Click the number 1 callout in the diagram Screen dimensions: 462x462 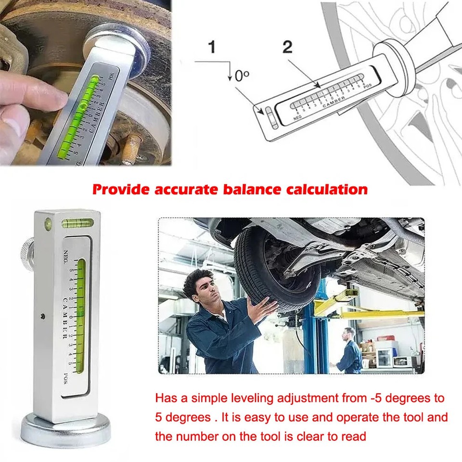[x=212, y=48]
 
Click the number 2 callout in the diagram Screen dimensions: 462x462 [x=287, y=47]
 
